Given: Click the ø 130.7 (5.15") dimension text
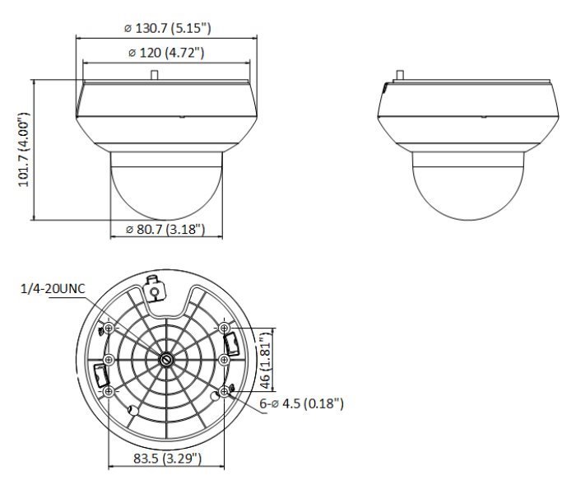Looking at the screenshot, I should click(167, 27).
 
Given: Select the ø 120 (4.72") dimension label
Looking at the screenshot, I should click(167, 54).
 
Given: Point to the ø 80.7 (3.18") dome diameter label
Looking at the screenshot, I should click(166, 229).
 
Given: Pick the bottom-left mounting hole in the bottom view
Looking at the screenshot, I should click(110, 392).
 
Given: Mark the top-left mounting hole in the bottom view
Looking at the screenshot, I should click(110, 328).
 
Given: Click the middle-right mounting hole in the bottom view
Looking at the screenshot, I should click(224, 360).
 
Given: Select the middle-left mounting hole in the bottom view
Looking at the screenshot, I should click(110, 360).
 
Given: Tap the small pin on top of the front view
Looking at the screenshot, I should click(154, 74).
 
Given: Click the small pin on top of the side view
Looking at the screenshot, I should click(398, 75).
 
